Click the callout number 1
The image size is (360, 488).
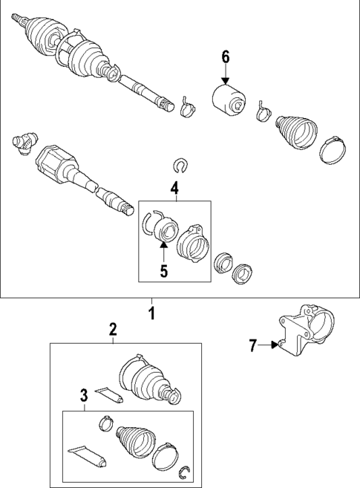click(151, 313)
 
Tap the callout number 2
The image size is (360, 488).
click(113, 329)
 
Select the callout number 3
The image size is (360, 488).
click(84, 396)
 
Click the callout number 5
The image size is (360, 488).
click(164, 271)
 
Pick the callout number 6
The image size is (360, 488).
click(226, 57)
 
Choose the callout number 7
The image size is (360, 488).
click(253, 346)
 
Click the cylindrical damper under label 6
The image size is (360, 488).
click(229, 100)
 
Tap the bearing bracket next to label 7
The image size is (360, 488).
click(307, 331)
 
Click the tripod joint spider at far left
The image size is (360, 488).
click(25, 143)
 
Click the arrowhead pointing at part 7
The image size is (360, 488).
click(275, 345)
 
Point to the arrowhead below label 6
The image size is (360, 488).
click(226, 81)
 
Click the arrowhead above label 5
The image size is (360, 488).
click(163, 245)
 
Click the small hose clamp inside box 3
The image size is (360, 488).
click(106, 423)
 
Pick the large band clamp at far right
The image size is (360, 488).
click(333, 151)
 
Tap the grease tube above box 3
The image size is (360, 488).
click(109, 394)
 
